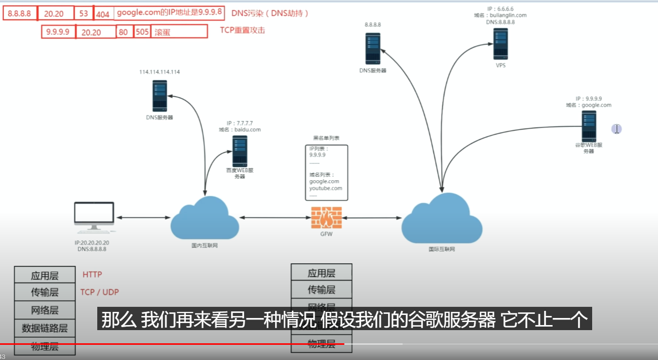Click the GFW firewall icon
pyautogui.click(x=326, y=218)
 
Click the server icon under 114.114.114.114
pyautogui.click(x=160, y=96)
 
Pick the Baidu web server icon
pyautogui.click(x=240, y=151)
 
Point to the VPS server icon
pyautogui.click(x=500, y=44)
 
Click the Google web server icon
pyautogui.click(x=589, y=126)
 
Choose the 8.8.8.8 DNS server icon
pyautogui.click(x=372, y=49)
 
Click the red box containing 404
pyautogui.click(x=103, y=14)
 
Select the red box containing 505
pyautogui.click(x=142, y=32)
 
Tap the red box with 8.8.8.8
pyautogui.click(x=20, y=14)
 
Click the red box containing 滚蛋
pyautogui.click(x=179, y=32)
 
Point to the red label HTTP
pyautogui.click(x=92, y=274)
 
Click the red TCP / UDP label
pyautogui.click(x=100, y=292)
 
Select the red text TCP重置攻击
pyautogui.click(x=242, y=30)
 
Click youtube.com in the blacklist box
pyautogui.click(x=326, y=188)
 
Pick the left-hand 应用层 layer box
pyautogui.click(x=45, y=275)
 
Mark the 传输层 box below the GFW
pyautogui.click(x=321, y=290)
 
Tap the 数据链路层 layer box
pyautogui.click(x=45, y=328)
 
